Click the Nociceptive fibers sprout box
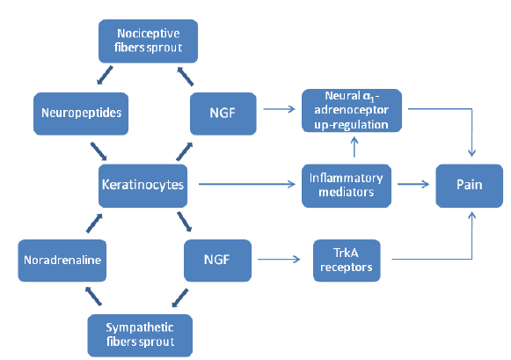[x=149, y=41]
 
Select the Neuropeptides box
[x=81, y=114]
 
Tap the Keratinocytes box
[x=142, y=186]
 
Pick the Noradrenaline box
[x=62, y=261]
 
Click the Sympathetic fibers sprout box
[x=140, y=335]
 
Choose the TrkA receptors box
[x=347, y=261]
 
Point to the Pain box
[x=470, y=186]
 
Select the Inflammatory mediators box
[x=347, y=186]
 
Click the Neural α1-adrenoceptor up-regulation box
[x=352, y=111]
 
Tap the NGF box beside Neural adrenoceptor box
[x=223, y=114]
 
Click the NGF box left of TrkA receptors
[x=218, y=261]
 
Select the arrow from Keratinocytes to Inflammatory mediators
[x=247, y=184]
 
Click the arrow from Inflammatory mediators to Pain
[x=413, y=184]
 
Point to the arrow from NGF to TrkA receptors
[x=279, y=260]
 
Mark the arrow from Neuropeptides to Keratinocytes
[x=99, y=151]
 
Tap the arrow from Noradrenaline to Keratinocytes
[x=94, y=224]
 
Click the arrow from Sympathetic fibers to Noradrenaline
[x=93, y=296]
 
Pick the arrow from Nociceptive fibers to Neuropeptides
[x=105, y=76]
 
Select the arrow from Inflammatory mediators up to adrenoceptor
[x=354, y=147]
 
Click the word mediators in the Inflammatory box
[x=347, y=192]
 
